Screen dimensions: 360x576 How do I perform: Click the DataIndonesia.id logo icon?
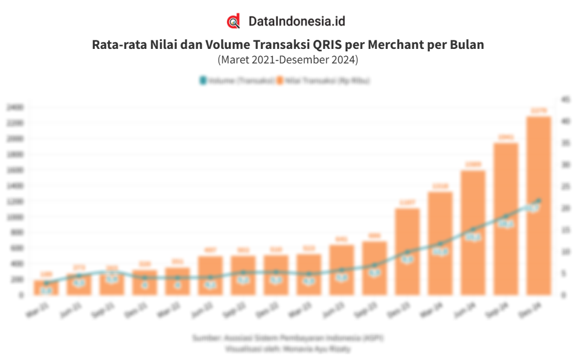tap(234, 21)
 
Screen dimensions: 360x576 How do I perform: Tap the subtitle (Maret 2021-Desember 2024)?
tap(288, 60)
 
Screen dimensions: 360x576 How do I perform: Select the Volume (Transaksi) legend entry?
tap(237, 80)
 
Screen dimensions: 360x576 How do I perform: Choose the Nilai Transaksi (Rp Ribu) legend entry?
tap(324, 80)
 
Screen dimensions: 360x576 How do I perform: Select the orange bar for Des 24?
tap(539, 205)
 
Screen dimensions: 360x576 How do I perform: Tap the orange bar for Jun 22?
tap(210, 275)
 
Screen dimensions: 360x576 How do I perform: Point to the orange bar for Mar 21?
tap(46, 288)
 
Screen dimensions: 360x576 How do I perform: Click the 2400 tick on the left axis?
tap(14, 107)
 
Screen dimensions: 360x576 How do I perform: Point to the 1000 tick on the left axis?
tap(14, 217)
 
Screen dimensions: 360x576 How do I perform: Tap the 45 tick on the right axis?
tap(565, 99)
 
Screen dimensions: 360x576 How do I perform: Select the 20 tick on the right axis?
tap(565, 208)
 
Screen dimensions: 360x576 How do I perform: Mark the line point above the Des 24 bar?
tap(539, 200)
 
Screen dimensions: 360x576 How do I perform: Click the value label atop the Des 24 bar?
tap(539, 111)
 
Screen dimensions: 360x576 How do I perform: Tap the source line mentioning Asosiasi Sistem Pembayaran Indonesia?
tap(288, 338)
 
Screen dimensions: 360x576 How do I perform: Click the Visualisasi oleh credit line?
tap(288, 348)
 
